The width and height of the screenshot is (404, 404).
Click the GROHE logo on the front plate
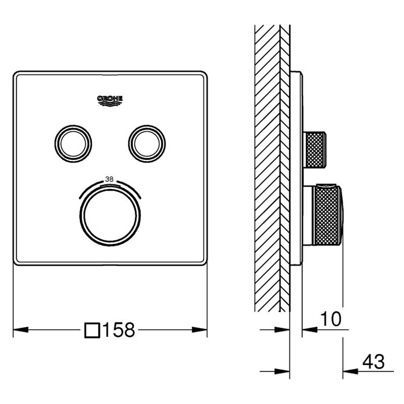(110, 100)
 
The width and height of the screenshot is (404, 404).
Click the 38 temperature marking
(110, 179)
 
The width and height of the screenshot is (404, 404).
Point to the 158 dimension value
(119, 330)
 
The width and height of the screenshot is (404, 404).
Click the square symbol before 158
(92, 331)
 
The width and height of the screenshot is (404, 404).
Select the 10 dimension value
(331, 319)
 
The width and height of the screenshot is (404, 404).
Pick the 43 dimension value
(373, 362)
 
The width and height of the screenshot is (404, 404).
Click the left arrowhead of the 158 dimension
(21, 330)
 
